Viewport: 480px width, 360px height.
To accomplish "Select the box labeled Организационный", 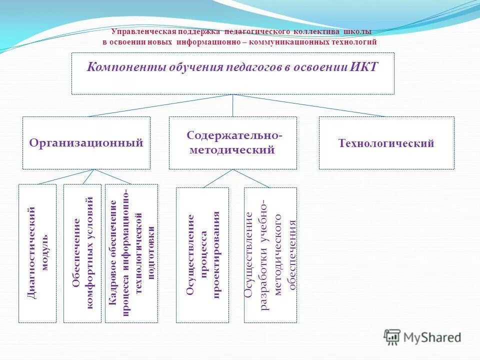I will pos(86,143).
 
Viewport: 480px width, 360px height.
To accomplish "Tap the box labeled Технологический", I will pos(386,143).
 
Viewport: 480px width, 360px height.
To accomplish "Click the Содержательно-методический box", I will pos(232,143).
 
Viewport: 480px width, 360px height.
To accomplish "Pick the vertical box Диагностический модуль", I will pos(37,253).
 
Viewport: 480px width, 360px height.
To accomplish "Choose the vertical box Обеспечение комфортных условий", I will pos(82,253).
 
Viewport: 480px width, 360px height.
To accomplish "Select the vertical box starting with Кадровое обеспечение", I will pos(131,253).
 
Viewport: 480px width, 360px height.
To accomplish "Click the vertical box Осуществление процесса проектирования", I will pos(202,255).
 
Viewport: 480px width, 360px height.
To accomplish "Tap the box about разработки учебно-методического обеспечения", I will pos(270,255).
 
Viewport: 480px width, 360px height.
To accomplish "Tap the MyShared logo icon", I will pos(392,337).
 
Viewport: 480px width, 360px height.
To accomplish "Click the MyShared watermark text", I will pos(432,337).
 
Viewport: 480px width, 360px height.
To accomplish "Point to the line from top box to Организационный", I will pos(160,105).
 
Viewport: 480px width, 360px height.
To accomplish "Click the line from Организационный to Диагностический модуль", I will pos(65,177).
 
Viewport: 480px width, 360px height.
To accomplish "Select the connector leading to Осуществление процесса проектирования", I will pos(217,178).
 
